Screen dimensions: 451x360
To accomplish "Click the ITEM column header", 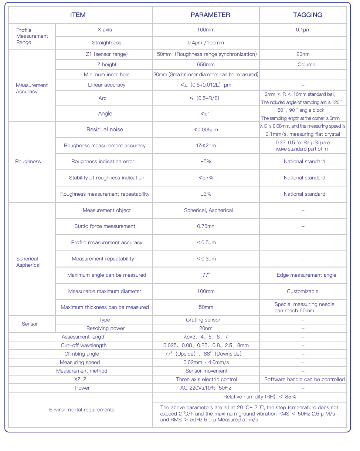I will pos(78,15).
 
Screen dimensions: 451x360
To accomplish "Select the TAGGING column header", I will pos(307,15).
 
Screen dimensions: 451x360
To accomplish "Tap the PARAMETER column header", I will pos(210,15).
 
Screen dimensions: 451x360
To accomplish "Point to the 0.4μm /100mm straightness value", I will pos(206,43).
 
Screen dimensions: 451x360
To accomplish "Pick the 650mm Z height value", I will pos(206,64).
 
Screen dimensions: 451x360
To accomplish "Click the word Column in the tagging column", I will pos(306,64).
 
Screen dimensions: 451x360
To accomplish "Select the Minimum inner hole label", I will pos(106,74).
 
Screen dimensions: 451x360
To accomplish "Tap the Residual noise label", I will pos(105,129).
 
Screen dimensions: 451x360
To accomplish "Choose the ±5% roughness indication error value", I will pos(206,161).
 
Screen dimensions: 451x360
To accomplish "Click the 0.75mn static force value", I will pos(206,226).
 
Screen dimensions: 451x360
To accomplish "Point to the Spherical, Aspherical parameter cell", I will pos(208,210).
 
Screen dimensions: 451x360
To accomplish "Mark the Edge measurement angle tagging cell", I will pos(306,275).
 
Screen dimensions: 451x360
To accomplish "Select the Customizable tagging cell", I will pos(303,291).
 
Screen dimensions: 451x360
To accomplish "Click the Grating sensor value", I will pos(203,320).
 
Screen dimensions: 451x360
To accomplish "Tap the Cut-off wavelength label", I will pos(84,345).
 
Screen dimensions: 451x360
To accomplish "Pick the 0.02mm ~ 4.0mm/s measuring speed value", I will pos(206,362).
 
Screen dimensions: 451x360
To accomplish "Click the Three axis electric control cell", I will pos(207,379).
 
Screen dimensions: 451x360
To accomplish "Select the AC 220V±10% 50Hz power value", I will pos(206,388).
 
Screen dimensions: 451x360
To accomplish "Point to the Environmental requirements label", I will pos(82,410).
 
